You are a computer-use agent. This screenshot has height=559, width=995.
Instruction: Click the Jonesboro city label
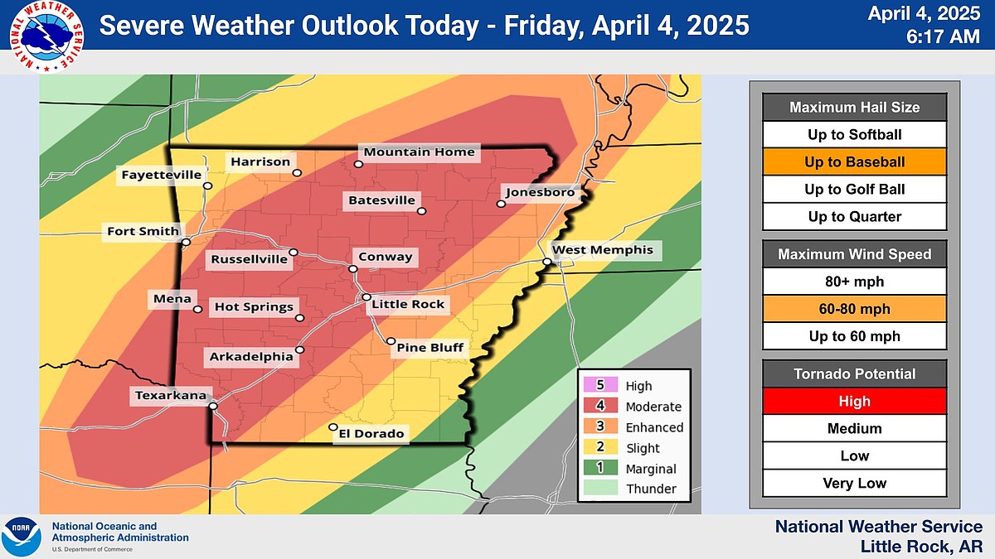coord(535,191)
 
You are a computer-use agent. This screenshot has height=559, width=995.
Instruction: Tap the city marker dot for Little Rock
coord(366,297)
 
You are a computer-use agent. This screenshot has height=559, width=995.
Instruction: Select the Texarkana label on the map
coord(171,396)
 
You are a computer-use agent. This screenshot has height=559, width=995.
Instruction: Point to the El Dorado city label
coord(371,433)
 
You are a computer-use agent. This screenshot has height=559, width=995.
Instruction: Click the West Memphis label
coord(603,249)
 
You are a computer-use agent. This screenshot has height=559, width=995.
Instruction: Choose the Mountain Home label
coord(420,152)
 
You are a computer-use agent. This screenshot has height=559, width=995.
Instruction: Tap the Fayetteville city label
coord(161,175)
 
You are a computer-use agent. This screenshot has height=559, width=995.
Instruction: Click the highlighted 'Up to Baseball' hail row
coord(854,161)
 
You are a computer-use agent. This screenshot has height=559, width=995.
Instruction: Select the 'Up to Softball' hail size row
coord(854,134)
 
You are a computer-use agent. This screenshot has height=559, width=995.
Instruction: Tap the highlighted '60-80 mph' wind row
coord(854,309)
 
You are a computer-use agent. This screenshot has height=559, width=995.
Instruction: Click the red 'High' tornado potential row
coord(854,401)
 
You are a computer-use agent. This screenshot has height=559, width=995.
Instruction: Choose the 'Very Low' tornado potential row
coord(854,483)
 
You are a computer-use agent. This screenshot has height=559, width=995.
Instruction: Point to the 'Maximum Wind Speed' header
coord(854,254)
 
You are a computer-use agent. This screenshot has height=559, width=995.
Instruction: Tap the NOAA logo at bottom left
coord(22,536)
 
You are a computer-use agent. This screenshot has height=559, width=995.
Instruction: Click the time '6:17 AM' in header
coord(939,36)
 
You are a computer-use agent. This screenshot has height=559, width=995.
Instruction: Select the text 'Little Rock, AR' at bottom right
coord(920,546)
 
